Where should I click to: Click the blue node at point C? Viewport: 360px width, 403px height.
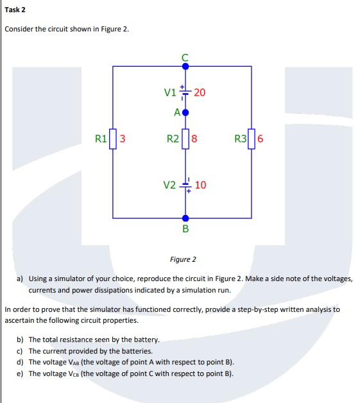pyautogui.click(x=185, y=65)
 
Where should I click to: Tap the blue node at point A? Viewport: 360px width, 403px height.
pyautogui.click(x=185, y=112)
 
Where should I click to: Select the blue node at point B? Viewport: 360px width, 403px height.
pyautogui.click(x=185, y=218)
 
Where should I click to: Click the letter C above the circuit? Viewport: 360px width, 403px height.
pyautogui.click(x=185, y=56)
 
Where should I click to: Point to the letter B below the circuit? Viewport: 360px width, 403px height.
pyautogui.click(x=185, y=228)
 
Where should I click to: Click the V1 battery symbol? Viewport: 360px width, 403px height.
pyautogui.click(x=185, y=92)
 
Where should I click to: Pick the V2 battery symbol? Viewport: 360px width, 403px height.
pyautogui.click(x=185, y=185)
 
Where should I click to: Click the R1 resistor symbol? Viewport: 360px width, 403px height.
pyautogui.click(x=114, y=138)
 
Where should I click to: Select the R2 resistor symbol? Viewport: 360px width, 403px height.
pyautogui.click(x=185, y=138)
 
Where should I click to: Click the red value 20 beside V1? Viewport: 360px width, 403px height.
pyautogui.click(x=200, y=92)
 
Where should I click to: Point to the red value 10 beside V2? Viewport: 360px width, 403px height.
pyautogui.click(x=200, y=185)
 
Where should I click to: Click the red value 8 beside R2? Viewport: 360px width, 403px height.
pyautogui.click(x=194, y=138)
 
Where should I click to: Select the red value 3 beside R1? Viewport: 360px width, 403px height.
pyautogui.click(x=123, y=138)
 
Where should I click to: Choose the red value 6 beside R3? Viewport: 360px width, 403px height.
pyautogui.click(x=261, y=138)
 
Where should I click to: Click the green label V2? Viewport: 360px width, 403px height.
pyautogui.click(x=169, y=185)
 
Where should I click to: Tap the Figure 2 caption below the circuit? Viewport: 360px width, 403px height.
pyautogui.click(x=183, y=259)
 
